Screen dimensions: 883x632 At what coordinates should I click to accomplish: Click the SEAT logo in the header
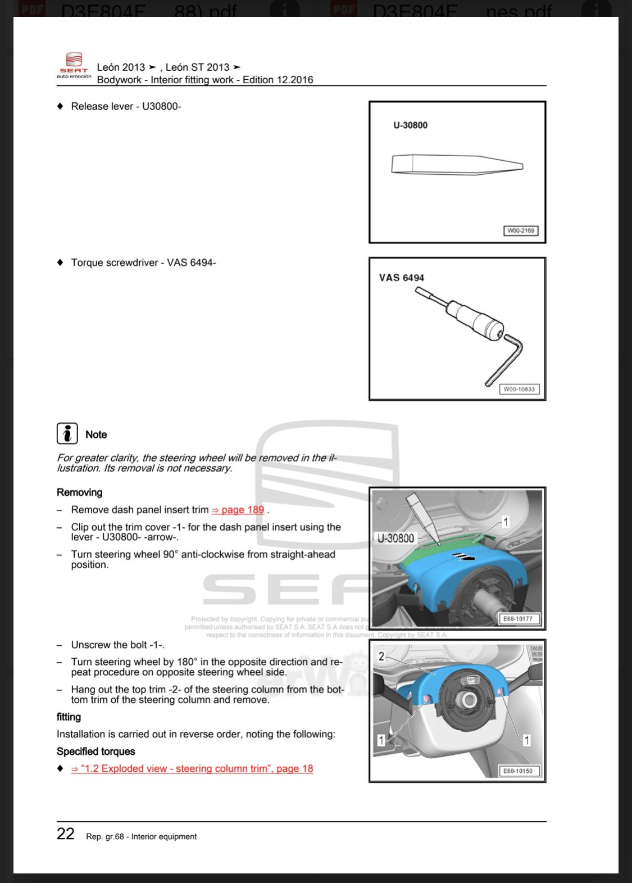74,65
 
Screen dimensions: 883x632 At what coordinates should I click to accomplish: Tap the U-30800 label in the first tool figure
410,125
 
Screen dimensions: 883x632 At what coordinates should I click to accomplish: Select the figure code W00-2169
520,230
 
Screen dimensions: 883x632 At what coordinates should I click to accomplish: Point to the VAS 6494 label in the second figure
401,278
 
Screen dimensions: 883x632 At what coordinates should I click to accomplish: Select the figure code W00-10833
519,389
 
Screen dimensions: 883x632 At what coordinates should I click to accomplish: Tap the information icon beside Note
67,433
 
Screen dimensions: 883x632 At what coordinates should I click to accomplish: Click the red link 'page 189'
242,510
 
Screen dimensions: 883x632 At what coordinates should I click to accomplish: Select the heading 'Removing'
79,492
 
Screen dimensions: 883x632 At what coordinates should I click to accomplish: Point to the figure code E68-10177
517,619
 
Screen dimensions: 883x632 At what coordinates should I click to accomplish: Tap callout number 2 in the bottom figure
381,656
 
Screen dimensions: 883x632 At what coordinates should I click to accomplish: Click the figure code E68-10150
517,771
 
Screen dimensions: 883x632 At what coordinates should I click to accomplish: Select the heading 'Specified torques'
96,751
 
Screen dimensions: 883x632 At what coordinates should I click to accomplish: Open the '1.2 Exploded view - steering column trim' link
192,768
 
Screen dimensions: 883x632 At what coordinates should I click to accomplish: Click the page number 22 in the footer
66,834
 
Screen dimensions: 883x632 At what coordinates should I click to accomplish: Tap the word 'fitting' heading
69,717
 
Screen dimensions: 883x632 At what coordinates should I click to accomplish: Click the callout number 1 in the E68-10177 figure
505,522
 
